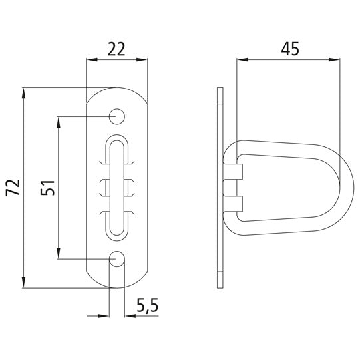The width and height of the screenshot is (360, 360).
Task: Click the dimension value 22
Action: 117,49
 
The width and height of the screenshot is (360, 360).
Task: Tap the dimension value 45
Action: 288,49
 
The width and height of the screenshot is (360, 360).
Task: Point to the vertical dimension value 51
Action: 47,188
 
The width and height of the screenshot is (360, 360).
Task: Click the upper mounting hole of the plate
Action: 118,116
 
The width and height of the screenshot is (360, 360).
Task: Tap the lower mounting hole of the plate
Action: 118,258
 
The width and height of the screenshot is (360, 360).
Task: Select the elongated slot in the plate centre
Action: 118,187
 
